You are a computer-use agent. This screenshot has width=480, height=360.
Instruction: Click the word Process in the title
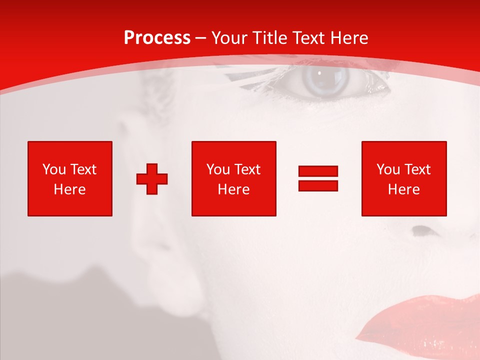pyautogui.click(x=157, y=38)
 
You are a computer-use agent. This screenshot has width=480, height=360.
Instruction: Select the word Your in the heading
pyautogui.click(x=230, y=38)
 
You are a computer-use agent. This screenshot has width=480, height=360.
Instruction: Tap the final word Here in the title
pyautogui.click(x=350, y=38)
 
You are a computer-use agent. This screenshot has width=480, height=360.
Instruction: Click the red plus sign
pyautogui.click(x=152, y=178)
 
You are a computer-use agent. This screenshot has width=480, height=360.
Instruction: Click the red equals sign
pyautogui.click(x=318, y=178)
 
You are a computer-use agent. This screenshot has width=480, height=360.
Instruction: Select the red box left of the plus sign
pyautogui.click(x=70, y=178)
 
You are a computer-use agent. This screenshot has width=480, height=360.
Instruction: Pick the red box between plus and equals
pyautogui.click(x=233, y=178)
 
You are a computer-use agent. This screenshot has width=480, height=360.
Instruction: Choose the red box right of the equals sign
pyautogui.click(x=403, y=178)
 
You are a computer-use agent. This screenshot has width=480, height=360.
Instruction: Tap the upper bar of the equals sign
pyautogui.click(x=318, y=171)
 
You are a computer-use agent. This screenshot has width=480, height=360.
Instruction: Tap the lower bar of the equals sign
pyautogui.click(x=318, y=185)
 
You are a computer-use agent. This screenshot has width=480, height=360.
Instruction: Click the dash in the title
pyautogui.click(x=201, y=38)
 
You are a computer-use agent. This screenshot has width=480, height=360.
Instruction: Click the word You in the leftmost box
pyautogui.click(x=54, y=169)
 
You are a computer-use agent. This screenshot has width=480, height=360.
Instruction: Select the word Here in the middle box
pyautogui.click(x=233, y=189)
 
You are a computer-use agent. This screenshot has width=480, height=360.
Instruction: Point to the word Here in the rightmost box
pyautogui.click(x=403, y=189)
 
